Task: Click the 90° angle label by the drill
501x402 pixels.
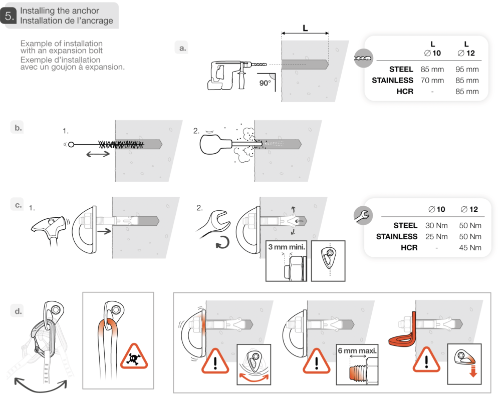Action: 265,83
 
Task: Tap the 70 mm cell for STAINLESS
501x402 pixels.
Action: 432,80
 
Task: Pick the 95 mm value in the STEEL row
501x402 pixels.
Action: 468,69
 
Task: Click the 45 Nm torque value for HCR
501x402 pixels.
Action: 470,247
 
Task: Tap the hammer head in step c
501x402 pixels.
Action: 50,220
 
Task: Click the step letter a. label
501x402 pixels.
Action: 182,48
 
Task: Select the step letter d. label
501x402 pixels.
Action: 18,311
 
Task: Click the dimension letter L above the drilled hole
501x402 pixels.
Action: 305,28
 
